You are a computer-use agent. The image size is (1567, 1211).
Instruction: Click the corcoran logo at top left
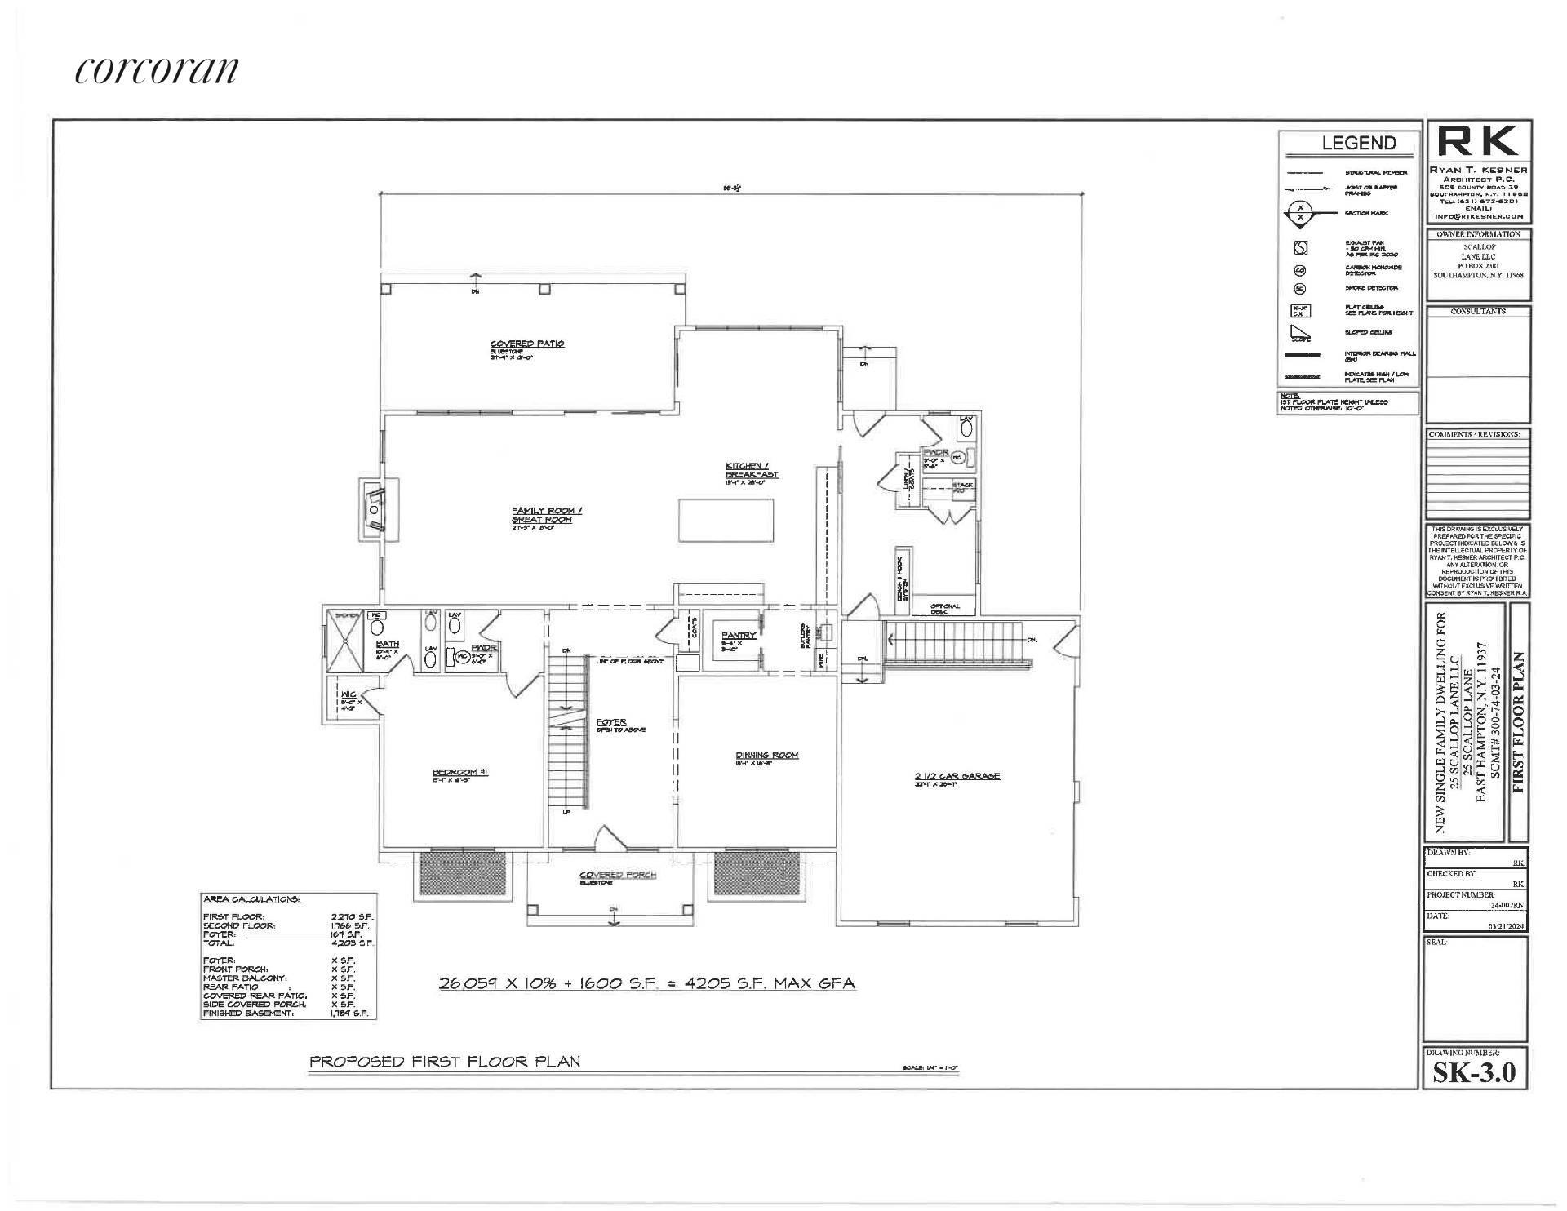click(157, 71)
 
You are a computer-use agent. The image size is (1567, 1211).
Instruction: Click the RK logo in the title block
click(1477, 142)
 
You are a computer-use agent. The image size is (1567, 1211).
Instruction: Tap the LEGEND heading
click(1358, 143)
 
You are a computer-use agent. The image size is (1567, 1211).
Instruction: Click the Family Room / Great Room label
click(546, 515)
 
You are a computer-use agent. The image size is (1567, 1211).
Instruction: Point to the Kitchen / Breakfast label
click(752, 470)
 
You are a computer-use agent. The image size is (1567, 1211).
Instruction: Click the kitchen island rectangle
click(726, 519)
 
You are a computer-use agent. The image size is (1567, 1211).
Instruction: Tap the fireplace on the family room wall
click(375, 510)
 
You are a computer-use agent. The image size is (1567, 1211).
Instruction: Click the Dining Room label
click(766, 756)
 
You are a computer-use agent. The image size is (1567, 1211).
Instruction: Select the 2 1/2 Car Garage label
click(957, 776)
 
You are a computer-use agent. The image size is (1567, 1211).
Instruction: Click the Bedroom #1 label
click(459, 773)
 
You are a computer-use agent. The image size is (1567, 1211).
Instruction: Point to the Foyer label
click(611, 722)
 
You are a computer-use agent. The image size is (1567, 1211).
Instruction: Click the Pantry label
click(738, 635)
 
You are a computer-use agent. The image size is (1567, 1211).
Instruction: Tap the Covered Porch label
click(617, 875)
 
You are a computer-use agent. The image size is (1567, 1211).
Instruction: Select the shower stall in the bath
click(344, 641)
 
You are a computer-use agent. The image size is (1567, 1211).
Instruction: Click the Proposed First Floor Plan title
click(445, 1062)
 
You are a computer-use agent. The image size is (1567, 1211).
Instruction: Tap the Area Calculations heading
click(251, 899)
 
